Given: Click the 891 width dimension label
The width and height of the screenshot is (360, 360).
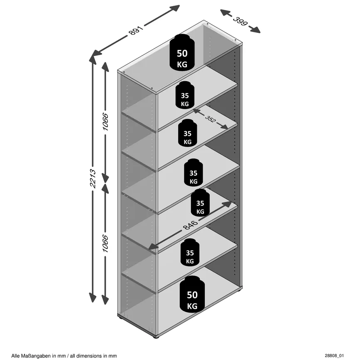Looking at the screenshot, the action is point(136,30).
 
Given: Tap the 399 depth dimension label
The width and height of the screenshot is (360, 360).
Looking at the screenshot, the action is point(240,21).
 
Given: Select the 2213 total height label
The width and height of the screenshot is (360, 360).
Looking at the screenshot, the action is point(92,179).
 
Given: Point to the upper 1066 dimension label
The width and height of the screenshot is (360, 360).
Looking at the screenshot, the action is point(105,122).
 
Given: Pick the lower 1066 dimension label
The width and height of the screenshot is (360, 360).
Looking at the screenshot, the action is point(105,243).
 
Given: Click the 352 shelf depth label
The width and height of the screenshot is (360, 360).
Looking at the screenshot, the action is point(210,119).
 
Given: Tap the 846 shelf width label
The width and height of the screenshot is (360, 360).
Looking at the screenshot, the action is point(190,225).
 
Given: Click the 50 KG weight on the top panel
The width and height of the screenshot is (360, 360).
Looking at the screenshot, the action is point(182,52).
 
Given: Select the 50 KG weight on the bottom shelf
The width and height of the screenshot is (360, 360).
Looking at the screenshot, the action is point(192,294).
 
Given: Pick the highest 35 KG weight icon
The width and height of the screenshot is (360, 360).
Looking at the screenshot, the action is point(185,95).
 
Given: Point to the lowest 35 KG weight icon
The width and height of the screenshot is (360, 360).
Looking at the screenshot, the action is point(190,252).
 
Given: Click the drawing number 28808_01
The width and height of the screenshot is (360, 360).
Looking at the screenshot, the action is point(334,356).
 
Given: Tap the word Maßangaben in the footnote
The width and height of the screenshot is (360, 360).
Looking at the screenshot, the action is point(37,356).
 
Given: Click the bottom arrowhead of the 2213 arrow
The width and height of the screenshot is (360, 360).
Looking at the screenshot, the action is point(92,298).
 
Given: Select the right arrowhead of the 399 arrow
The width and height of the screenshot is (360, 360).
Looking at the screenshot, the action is point(255,30).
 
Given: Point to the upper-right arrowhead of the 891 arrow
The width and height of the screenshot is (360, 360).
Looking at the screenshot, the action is point(174,9).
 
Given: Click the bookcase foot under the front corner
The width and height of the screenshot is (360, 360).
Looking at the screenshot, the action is point(156,337).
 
